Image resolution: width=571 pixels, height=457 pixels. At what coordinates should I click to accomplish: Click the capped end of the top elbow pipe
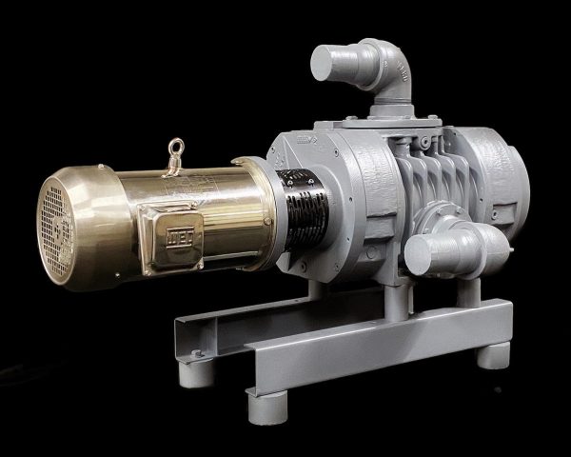[x=329, y=65]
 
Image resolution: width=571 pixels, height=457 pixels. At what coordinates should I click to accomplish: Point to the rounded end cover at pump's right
[x=502, y=175]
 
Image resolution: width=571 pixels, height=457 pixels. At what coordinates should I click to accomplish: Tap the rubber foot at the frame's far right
[x=493, y=355]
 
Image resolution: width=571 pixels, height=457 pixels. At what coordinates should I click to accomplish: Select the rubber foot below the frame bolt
[x=197, y=371]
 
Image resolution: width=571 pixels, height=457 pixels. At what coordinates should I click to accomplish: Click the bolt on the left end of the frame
[x=197, y=353]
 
